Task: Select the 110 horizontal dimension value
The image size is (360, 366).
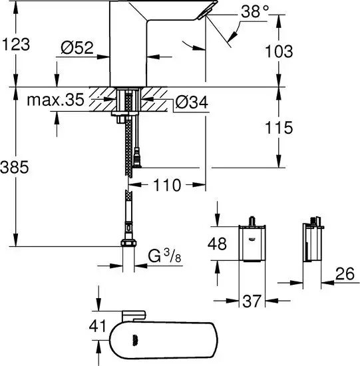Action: tap(166, 186)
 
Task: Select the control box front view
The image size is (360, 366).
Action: tap(252, 243)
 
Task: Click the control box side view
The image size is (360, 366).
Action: tap(311, 243)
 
